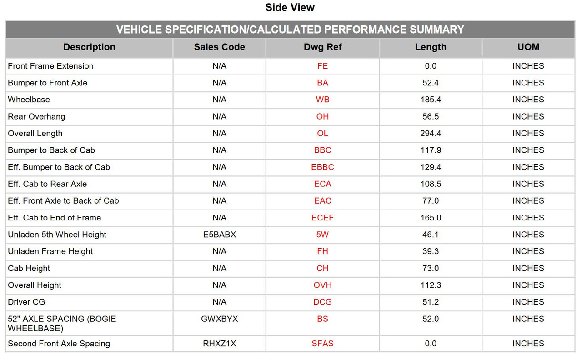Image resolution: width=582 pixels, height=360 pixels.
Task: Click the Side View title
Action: (x=290, y=8)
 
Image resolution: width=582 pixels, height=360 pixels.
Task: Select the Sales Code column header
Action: (x=219, y=47)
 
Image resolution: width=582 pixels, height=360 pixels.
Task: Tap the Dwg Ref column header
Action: (x=322, y=47)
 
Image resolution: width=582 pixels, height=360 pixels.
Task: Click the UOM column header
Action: (x=528, y=47)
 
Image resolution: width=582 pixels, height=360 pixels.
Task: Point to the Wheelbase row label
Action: (x=29, y=100)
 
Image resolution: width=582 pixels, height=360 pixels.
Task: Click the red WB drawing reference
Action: (x=322, y=100)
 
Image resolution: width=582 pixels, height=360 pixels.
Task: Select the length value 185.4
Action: (x=431, y=100)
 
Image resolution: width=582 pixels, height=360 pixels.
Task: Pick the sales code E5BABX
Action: (x=219, y=235)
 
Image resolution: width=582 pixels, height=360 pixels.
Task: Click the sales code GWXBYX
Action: (x=219, y=319)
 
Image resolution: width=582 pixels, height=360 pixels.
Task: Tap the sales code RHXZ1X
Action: (x=219, y=343)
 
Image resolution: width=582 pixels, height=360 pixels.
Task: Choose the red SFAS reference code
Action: (x=322, y=343)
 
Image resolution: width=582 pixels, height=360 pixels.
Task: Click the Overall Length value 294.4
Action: (x=431, y=133)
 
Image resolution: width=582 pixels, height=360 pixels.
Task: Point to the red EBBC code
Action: (x=322, y=167)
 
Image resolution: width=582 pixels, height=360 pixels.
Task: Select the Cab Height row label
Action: (x=29, y=268)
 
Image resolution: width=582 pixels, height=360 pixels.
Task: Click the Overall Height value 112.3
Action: (x=431, y=285)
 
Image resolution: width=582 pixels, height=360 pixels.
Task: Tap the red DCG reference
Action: (x=322, y=302)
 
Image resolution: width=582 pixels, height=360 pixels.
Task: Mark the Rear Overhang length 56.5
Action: (x=431, y=116)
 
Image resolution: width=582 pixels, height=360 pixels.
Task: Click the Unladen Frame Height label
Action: (x=50, y=251)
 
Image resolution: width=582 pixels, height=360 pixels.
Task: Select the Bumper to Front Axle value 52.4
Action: (x=431, y=83)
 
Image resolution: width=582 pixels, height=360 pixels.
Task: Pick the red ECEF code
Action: (x=322, y=218)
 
